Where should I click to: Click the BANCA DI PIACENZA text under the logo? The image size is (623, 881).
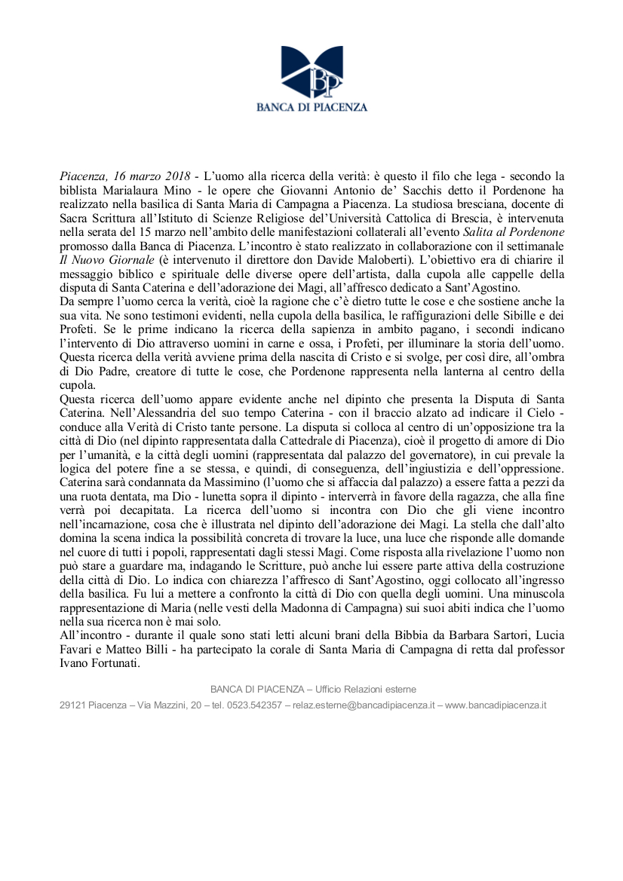coord(311,107)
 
